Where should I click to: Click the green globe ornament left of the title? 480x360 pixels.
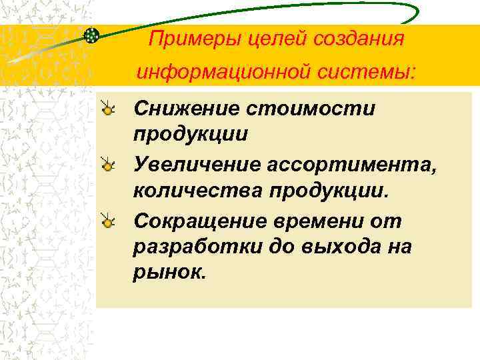(x=92, y=34)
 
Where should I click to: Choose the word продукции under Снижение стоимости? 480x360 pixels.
(x=191, y=134)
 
